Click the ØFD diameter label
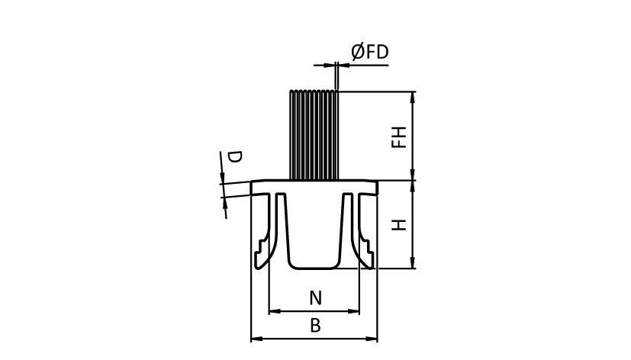[x=369, y=52]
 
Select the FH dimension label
[x=398, y=137]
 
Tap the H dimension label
[x=398, y=225]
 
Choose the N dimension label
[x=314, y=298]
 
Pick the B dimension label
[x=314, y=326]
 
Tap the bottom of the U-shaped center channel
[x=314, y=267]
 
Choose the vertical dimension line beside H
[x=413, y=225]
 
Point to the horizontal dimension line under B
[x=314, y=339]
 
